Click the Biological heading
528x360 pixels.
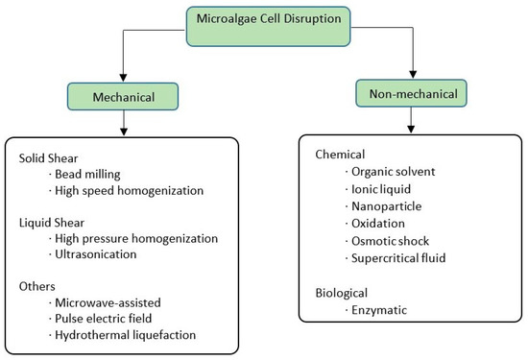point(343,292)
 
